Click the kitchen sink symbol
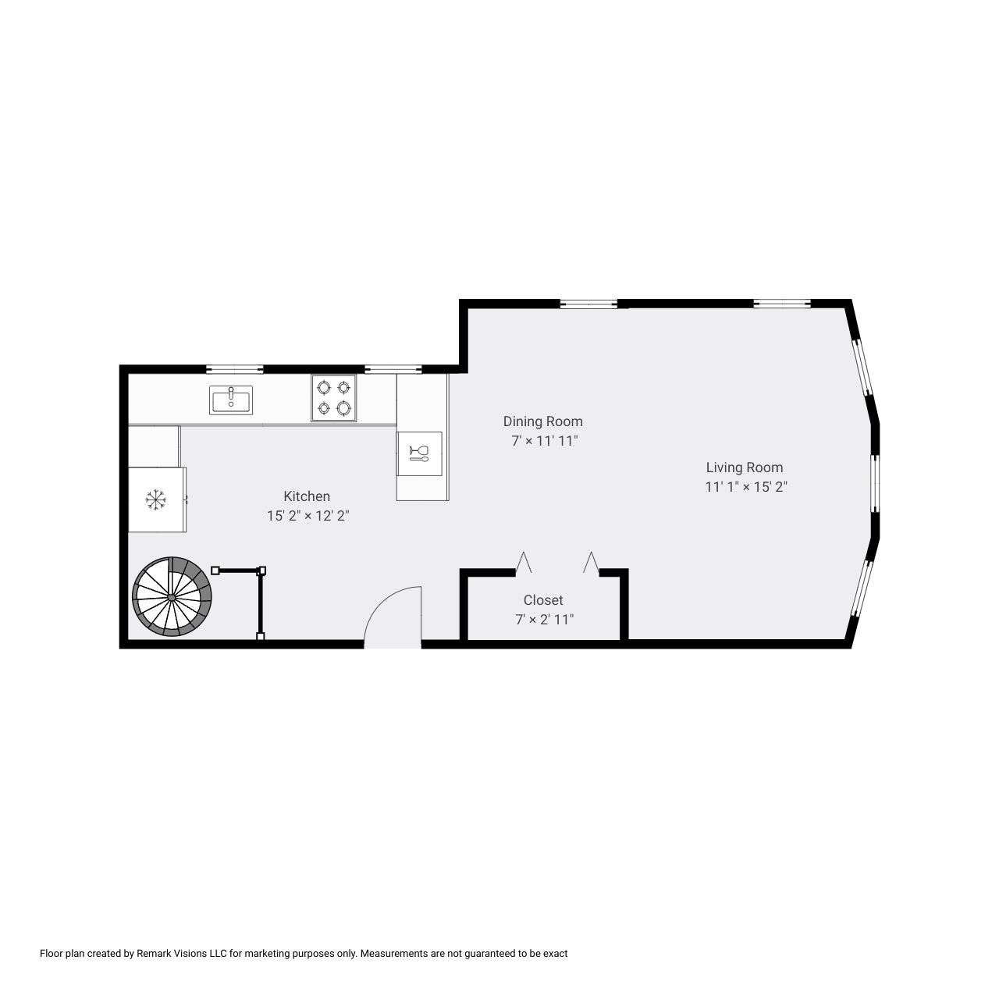click(231, 400)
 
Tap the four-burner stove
click(333, 398)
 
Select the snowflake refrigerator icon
click(157, 499)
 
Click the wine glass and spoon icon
click(419, 453)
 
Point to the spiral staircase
click(172, 597)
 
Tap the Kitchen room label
click(307, 496)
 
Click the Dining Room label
click(543, 421)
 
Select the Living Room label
click(745, 468)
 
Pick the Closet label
click(543, 600)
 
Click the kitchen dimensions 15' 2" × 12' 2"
click(308, 516)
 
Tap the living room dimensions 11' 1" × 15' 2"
click(746, 487)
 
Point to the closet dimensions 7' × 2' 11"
click(544, 620)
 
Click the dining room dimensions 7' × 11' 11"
click(545, 441)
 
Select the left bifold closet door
click(523, 563)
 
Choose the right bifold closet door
click(591, 563)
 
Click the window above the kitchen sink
click(235, 369)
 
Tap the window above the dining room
click(589, 304)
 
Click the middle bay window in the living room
click(875, 483)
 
